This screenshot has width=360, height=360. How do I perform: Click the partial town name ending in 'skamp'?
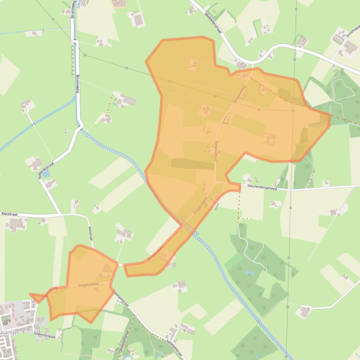tap(8, 332)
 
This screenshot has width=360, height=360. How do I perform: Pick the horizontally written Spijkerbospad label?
tap(44, 335)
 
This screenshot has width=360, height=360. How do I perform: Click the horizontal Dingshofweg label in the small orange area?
tap(88, 284)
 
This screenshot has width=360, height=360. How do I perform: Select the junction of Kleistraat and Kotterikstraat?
tap(61, 215)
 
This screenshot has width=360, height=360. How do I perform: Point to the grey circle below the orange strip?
tap(174, 265)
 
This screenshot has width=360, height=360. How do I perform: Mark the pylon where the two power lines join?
tap(293, 111)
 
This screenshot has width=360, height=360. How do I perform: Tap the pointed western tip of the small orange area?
tap(30, 294)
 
